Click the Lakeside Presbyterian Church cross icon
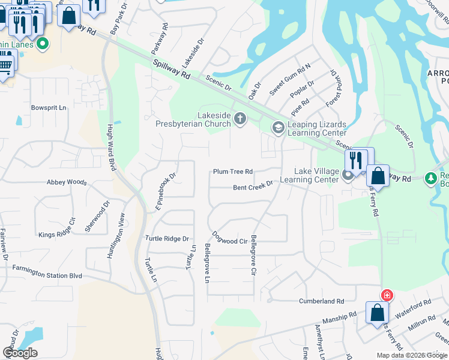click(x=240, y=117)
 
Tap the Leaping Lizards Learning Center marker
click(x=278, y=127)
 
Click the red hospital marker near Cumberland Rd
click(x=387, y=295)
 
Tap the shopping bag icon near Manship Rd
click(x=377, y=313)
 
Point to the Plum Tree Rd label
click(x=233, y=172)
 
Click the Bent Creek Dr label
click(x=253, y=187)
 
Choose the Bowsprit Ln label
click(x=48, y=108)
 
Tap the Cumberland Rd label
click(x=323, y=301)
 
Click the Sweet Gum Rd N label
click(x=290, y=79)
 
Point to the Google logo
click(x=20, y=353)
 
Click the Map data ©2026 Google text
click(x=411, y=355)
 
